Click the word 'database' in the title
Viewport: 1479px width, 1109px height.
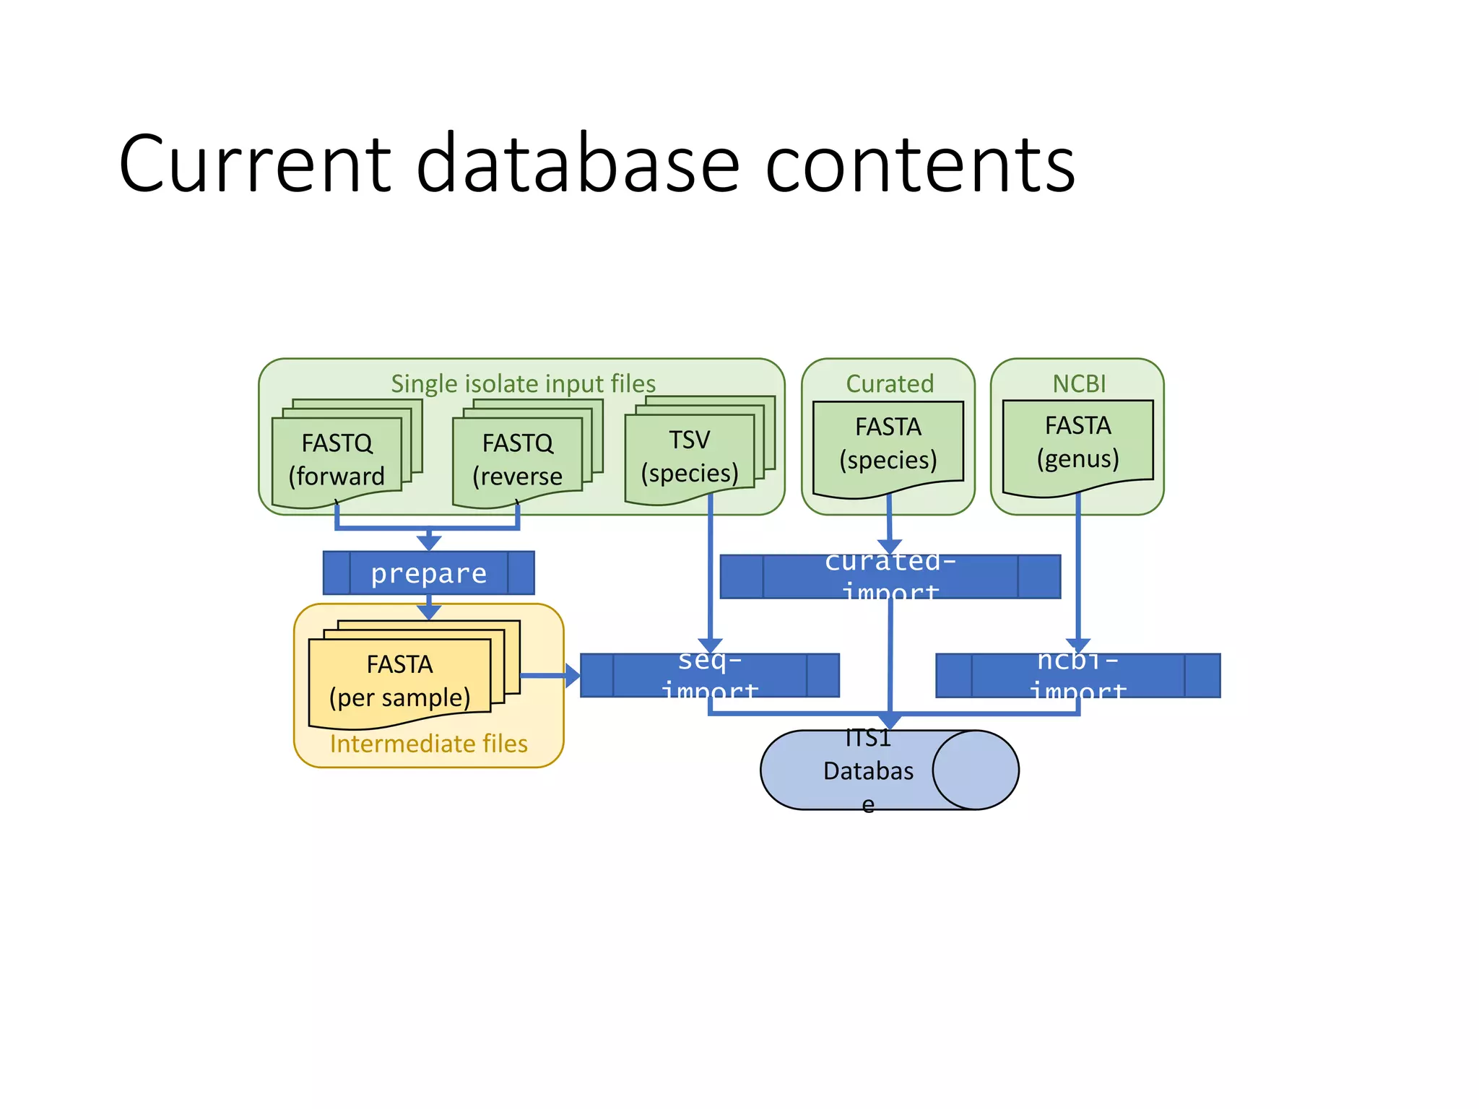[x=578, y=165]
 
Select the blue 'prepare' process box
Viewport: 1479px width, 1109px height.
[x=428, y=573]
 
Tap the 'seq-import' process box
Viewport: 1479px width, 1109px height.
[x=709, y=676]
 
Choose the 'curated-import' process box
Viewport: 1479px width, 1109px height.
[x=890, y=577]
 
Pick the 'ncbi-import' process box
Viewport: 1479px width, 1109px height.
[x=1077, y=676]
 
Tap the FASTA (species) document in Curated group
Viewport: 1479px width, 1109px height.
[x=888, y=444]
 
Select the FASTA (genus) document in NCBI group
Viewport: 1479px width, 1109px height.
[x=1077, y=443]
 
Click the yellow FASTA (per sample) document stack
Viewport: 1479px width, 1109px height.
[x=400, y=680]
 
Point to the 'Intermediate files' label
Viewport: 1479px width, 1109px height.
[x=428, y=744]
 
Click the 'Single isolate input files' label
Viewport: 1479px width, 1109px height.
[x=523, y=383]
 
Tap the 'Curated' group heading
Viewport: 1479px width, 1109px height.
[x=890, y=383]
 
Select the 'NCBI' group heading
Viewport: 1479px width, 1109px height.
[x=1079, y=383]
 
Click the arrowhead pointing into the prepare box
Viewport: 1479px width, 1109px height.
[x=429, y=542]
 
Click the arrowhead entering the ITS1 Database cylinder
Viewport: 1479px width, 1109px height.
[x=890, y=721]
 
